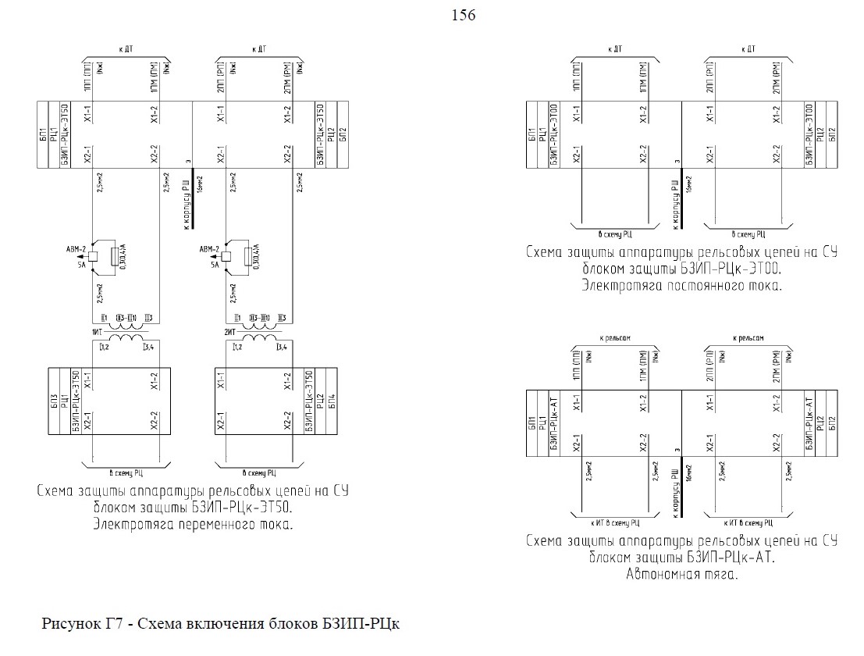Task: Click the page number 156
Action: (464, 16)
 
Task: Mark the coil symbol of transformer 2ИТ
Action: (258, 338)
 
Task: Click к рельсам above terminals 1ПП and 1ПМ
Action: (615, 338)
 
